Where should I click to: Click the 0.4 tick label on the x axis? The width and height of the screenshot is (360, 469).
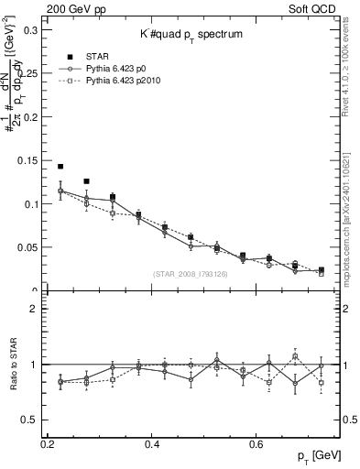[153, 444]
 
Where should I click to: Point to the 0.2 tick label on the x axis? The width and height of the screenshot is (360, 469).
[49, 444]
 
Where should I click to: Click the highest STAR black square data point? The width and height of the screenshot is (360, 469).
[60, 167]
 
